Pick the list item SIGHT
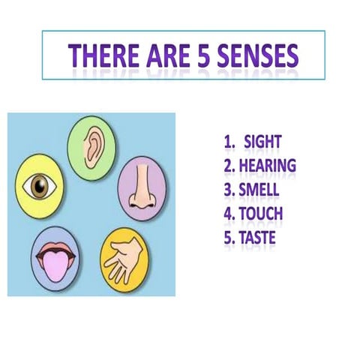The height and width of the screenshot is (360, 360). (262, 141)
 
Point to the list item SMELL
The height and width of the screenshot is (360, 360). (259, 189)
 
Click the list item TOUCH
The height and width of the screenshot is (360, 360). (260, 213)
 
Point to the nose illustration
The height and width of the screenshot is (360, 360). (140, 188)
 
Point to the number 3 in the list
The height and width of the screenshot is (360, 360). (227, 189)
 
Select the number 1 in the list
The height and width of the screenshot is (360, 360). (228, 141)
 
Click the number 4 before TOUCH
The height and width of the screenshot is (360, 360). (227, 213)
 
